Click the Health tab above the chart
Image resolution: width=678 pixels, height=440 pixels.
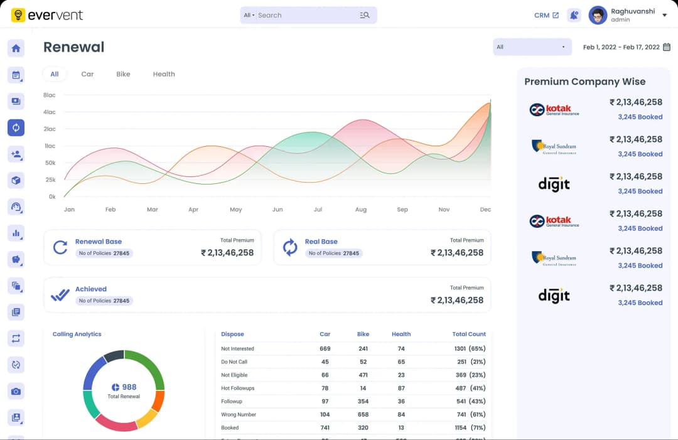coord(164,74)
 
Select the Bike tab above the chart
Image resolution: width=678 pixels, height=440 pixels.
coord(123,74)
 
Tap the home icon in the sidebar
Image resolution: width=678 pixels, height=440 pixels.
coord(16,48)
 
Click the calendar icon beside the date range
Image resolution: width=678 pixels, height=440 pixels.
coord(667,47)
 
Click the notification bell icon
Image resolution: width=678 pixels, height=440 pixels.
coord(574,15)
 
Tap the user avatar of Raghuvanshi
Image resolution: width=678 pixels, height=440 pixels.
coord(598,15)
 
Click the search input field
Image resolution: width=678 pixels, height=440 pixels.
coord(304,15)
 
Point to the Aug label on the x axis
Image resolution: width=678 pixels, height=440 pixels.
coord(361,210)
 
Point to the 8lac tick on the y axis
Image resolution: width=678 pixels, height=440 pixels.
coord(50,95)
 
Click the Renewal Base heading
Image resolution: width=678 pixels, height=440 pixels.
coord(99,242)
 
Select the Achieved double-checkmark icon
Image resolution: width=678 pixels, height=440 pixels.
coord(60,295)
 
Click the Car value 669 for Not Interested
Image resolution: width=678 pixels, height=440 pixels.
coord(325,349)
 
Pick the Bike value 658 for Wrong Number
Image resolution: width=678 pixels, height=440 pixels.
coord(363,415)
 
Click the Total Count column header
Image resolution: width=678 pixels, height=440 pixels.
coord(469,335)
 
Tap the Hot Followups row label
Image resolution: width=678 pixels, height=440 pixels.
coord(238,389)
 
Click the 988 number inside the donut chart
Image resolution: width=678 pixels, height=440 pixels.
coord(129,387)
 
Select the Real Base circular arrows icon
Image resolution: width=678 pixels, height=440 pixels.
coord(290,247)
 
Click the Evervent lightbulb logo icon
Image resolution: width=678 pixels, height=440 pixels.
coord(18,15)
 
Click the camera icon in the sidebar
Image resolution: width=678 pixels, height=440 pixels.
coord(16,391)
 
